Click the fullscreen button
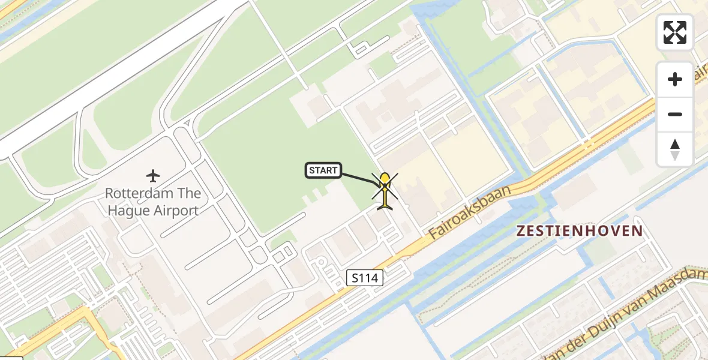coord(675,32)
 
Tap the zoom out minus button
coord(675,115)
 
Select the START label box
coord(323,170)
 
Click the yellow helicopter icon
coord(385,190)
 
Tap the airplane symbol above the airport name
coord(153,176)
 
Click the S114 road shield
coord(365,277)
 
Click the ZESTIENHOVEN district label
coord(580,230)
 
